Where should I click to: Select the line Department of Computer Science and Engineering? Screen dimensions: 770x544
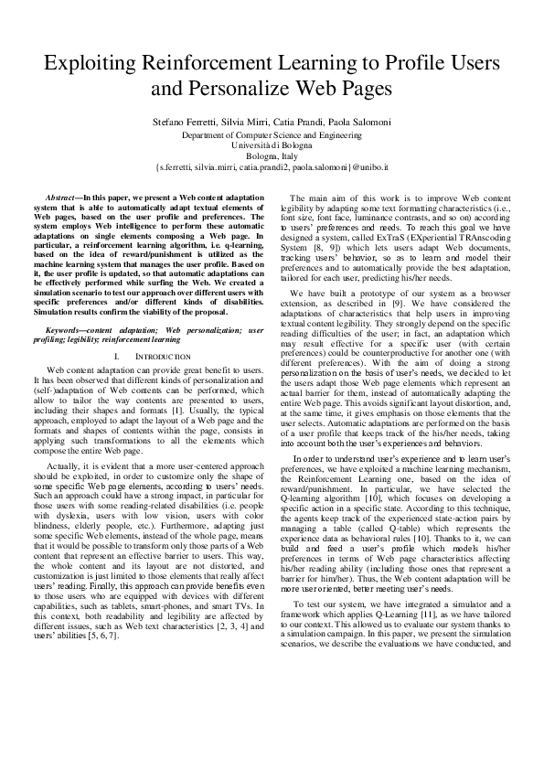click(x=272, y=134)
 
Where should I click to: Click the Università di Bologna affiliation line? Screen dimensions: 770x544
click(x=272, y=145)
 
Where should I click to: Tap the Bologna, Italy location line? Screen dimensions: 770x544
click(x=272, y=156)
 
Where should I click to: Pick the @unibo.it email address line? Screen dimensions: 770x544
click(x=272, y=168)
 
